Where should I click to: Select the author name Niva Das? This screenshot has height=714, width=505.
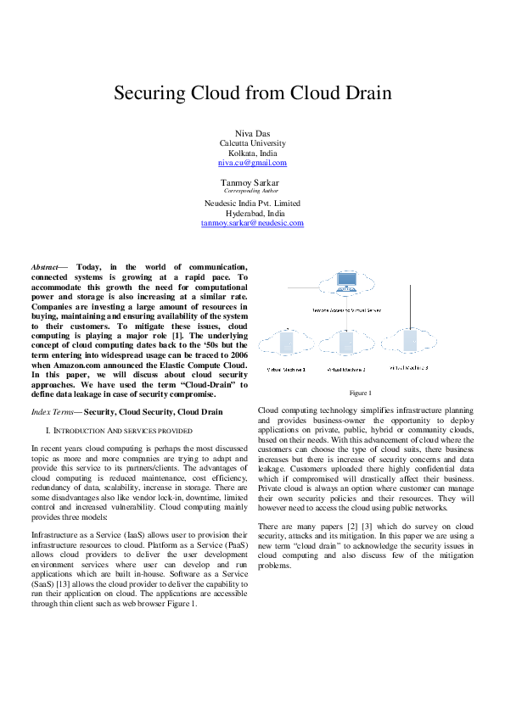(252, 134)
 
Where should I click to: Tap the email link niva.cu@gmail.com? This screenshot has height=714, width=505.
(252, 163)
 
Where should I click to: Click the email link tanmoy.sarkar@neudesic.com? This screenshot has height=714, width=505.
(252, 223)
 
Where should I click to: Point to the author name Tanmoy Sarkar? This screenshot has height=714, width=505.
(250, 182)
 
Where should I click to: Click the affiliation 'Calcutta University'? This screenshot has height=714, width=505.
(252, 143)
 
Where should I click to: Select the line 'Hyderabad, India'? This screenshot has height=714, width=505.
(252, 213)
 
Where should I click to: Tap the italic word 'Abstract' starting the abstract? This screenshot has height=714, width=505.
(44, 267)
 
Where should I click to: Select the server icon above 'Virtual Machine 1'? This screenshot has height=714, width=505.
(285, 343)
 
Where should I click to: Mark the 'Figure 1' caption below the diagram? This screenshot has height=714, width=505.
(360, 393)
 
